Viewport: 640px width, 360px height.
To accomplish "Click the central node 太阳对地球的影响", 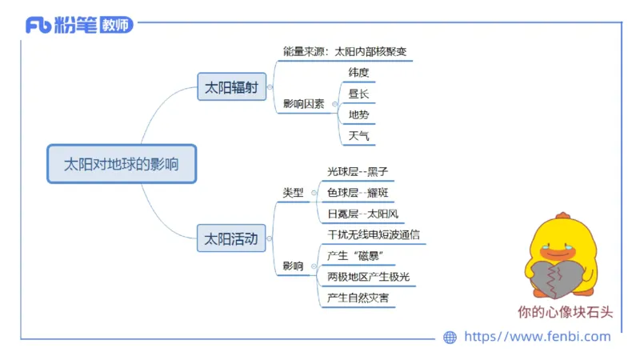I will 121,164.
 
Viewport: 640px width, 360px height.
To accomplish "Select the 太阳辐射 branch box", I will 231,87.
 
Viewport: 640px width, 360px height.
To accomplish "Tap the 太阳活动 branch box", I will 231,238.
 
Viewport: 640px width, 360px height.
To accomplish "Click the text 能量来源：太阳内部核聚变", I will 345,51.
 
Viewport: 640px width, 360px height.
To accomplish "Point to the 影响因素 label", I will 303,104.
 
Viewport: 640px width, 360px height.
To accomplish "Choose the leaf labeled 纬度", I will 358,72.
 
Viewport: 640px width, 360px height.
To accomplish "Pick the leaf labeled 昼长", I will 358,94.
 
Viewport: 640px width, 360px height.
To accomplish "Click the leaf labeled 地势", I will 358,114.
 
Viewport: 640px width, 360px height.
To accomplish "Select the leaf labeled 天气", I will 358,136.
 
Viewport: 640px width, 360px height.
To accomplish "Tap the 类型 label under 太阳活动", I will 294,193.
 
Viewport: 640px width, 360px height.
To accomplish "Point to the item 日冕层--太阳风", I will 362,214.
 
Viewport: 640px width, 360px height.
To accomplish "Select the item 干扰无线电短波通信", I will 374,235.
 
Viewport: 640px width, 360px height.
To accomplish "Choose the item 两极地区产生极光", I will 368,277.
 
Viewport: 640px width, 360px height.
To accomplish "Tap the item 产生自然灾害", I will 358,298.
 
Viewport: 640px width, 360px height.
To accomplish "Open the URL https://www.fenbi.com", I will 537,337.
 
